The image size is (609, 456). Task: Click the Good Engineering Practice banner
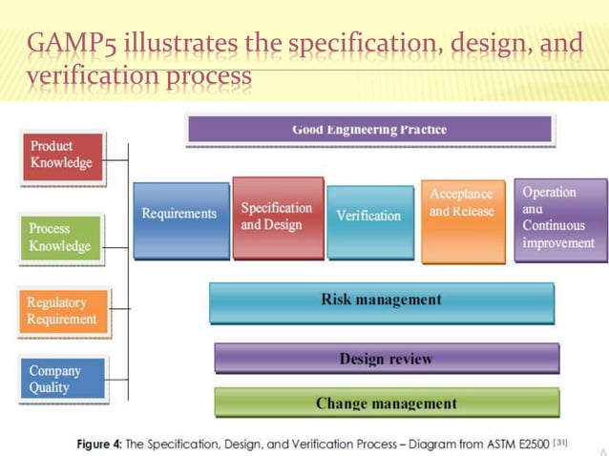coord(368,130)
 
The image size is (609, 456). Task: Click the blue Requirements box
coord(180,219)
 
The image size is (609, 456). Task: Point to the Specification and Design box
coord(277,218)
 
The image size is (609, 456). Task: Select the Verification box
coord(369,219)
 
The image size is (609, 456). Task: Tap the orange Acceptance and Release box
coord(462,220)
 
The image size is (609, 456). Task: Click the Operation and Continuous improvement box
coord(559,218)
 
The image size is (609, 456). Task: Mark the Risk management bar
coord(381,301)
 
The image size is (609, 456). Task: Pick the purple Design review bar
coord(386,360)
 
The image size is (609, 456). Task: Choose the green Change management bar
coord(386,404)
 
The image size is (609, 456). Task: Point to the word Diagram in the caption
coord(420,445)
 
